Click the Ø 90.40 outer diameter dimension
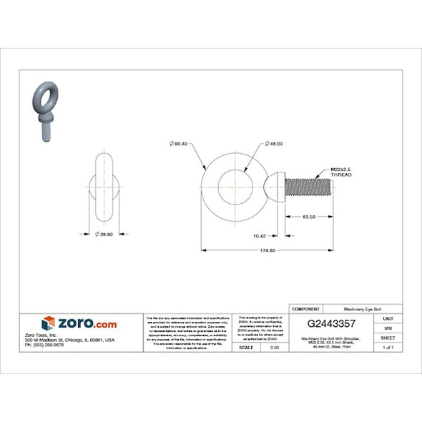179,144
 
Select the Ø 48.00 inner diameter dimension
274,144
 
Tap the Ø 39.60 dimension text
104,234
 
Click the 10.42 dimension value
260,235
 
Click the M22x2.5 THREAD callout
341,172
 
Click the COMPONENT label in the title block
305,308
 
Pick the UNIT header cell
388,318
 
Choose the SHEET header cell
388,337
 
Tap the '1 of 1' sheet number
388,347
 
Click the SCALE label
245,347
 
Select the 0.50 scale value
274,347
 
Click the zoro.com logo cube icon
49,323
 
